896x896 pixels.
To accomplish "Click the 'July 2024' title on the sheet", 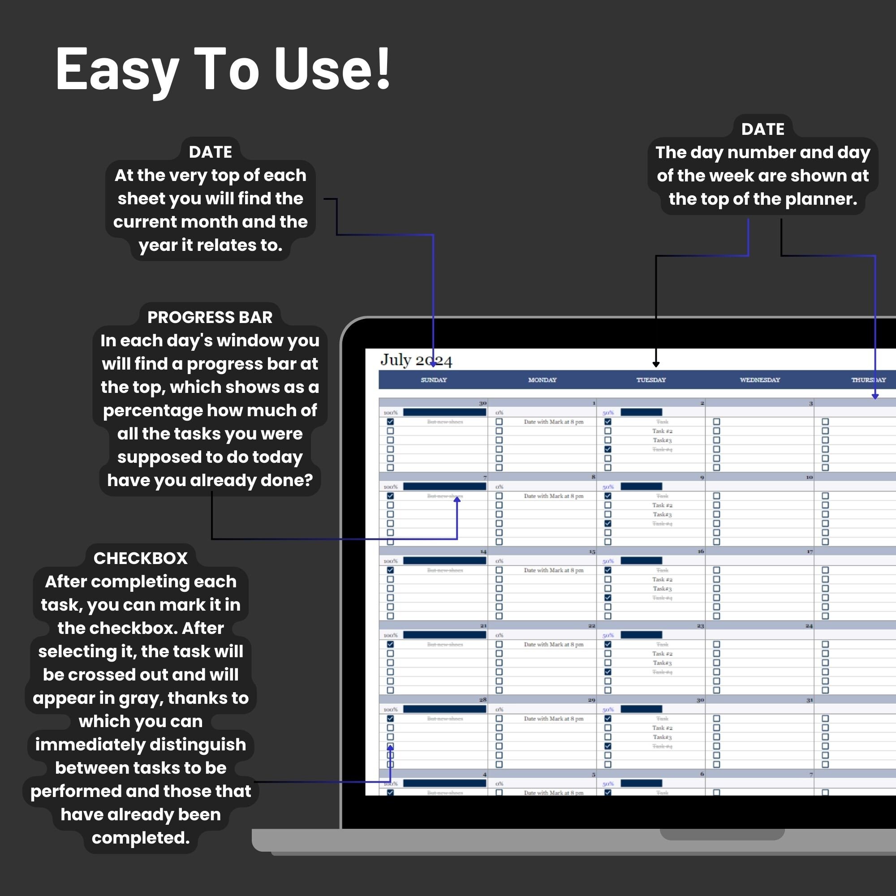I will [416, 360].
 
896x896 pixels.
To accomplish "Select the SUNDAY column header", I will [434, 380].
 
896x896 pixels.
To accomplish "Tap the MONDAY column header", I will [542, 380].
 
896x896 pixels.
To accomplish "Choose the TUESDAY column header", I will [650, 380].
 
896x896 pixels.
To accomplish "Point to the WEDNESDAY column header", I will [760, 380].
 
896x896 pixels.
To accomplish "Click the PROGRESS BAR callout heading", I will [210, 317].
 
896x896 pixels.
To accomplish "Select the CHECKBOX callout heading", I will [141, 558].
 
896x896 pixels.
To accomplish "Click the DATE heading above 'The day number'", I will [762, 129].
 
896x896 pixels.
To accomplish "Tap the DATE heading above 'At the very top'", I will [210, 152].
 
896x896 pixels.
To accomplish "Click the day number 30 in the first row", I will [483, 403].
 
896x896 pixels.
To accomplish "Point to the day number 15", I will [592, 551].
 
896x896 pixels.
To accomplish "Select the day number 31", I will [809, 700].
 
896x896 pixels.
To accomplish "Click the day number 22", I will [592, 625].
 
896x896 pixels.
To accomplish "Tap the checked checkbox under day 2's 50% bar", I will [607, 422].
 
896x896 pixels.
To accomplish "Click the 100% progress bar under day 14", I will [444, 561].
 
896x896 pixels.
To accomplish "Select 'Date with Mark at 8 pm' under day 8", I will [554, 496].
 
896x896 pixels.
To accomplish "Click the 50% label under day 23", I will [608, 635].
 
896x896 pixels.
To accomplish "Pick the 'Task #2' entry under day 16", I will [662, 579].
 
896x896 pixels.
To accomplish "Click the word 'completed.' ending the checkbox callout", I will [141, 838].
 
